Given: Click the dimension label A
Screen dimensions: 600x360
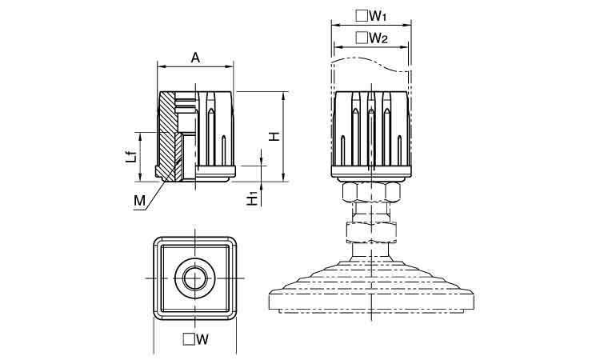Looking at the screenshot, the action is point(195,58).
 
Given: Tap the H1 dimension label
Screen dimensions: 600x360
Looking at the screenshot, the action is point(252,200).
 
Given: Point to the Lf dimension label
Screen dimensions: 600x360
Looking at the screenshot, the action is point(131,157).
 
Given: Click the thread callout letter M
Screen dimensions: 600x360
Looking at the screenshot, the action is point(139,201).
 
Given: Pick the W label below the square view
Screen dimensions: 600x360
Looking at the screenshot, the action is point(202,339).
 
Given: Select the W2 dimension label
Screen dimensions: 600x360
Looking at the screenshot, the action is point(378,38).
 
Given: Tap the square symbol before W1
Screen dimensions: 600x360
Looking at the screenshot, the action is point(362,16).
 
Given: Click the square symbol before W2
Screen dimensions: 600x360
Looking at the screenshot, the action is point(362,38).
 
